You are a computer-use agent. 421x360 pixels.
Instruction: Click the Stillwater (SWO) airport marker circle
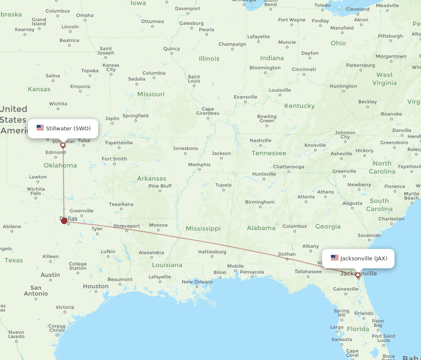[x=63, y=145]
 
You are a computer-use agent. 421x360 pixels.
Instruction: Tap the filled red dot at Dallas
[x=64, y=221]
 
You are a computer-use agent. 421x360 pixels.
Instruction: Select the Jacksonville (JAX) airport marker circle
[x=358, y=275]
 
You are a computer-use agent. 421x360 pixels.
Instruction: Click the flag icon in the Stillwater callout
[x=40, y=128]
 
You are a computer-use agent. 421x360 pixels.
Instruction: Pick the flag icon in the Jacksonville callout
[x=335, y=258]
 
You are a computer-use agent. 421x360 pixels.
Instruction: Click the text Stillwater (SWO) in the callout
[x=68, y=128]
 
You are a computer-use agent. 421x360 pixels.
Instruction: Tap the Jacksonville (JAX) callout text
[x=364, y=258]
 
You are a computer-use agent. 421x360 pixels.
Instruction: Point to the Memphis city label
[x=199, y=164]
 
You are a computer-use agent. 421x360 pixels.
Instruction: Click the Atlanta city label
[x=306, y=197]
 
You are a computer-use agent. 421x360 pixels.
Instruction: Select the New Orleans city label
[x=197, y=282]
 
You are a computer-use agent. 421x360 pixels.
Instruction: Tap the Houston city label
[x=96, y=286]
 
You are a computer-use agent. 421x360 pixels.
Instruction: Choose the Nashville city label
[x=261, y=140]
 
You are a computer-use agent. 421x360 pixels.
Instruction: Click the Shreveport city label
[x=126, y=226]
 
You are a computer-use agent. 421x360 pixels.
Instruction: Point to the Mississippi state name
[x=203, y=228]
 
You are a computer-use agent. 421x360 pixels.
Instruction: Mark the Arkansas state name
[x=152, y=178]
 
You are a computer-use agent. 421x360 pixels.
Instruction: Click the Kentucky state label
[x=299, y=106]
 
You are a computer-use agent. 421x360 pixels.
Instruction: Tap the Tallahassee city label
[x=308, y=272]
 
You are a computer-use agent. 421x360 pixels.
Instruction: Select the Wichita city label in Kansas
[x=58, y=104]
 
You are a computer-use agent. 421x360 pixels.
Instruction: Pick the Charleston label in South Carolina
[x=391, y=219]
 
